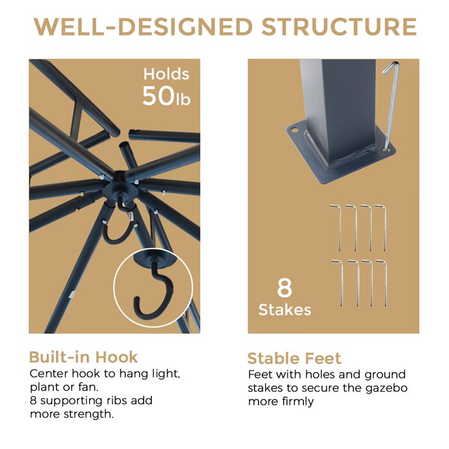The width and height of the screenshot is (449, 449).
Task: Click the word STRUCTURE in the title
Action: click(339, 27)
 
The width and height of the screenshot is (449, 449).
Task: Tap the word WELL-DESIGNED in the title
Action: click(143, 27)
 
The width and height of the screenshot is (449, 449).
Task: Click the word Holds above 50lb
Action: click(166, 74)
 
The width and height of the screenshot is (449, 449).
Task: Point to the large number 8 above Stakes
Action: click(284, 288)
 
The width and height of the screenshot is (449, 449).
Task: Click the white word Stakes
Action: click(285, 310)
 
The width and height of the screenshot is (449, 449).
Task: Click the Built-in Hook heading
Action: click(83, 357)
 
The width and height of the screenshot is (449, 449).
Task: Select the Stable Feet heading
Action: click(294, 358)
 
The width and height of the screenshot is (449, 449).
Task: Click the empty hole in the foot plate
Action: click(294, 130)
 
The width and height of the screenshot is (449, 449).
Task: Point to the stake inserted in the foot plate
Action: click(391, 106)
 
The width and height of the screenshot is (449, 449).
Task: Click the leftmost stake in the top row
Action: click(337, 228)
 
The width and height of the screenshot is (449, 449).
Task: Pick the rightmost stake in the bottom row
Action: click(384, 284)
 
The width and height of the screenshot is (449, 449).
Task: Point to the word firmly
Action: click(298, 402)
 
